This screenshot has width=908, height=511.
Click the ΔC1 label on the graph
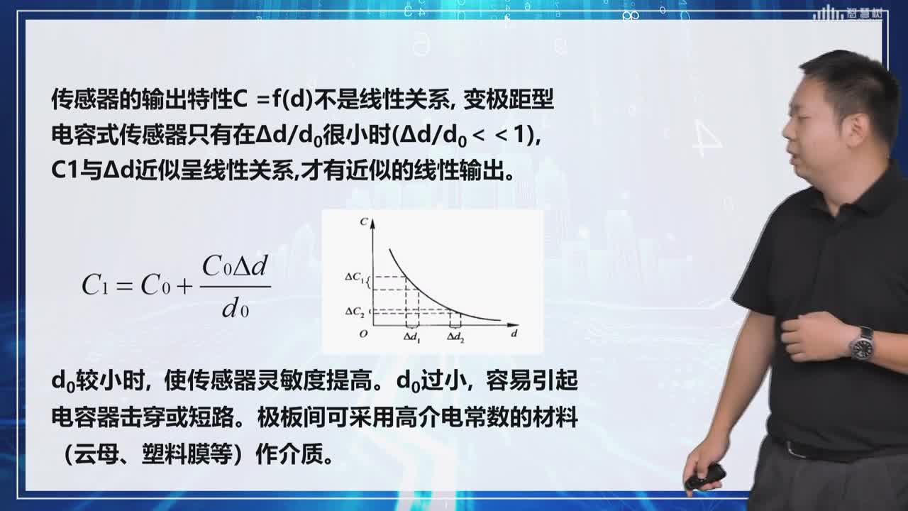[x=354, y=278]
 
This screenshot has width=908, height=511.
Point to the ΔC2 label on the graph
[x=355, y=312]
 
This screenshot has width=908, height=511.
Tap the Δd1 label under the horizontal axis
[x=412, y=338]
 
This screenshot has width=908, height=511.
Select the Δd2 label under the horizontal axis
[x=455, y=337]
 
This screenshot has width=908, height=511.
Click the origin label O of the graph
[x=364, y=334]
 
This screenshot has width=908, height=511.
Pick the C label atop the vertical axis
[x=364, y=221]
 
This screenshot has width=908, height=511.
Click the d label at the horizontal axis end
[x=514, y=334]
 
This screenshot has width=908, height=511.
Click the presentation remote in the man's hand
[x=704, y=476]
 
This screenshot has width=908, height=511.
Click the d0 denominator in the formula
[x=235, y=310]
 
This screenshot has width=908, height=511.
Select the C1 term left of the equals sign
[x=95, y=285]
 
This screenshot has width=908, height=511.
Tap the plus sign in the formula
[x=184, y=287]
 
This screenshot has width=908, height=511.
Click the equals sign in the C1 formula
[x=124, y=287]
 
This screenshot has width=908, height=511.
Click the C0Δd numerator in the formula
[x=235, y=266]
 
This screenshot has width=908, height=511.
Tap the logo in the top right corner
[x=847, y=13]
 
